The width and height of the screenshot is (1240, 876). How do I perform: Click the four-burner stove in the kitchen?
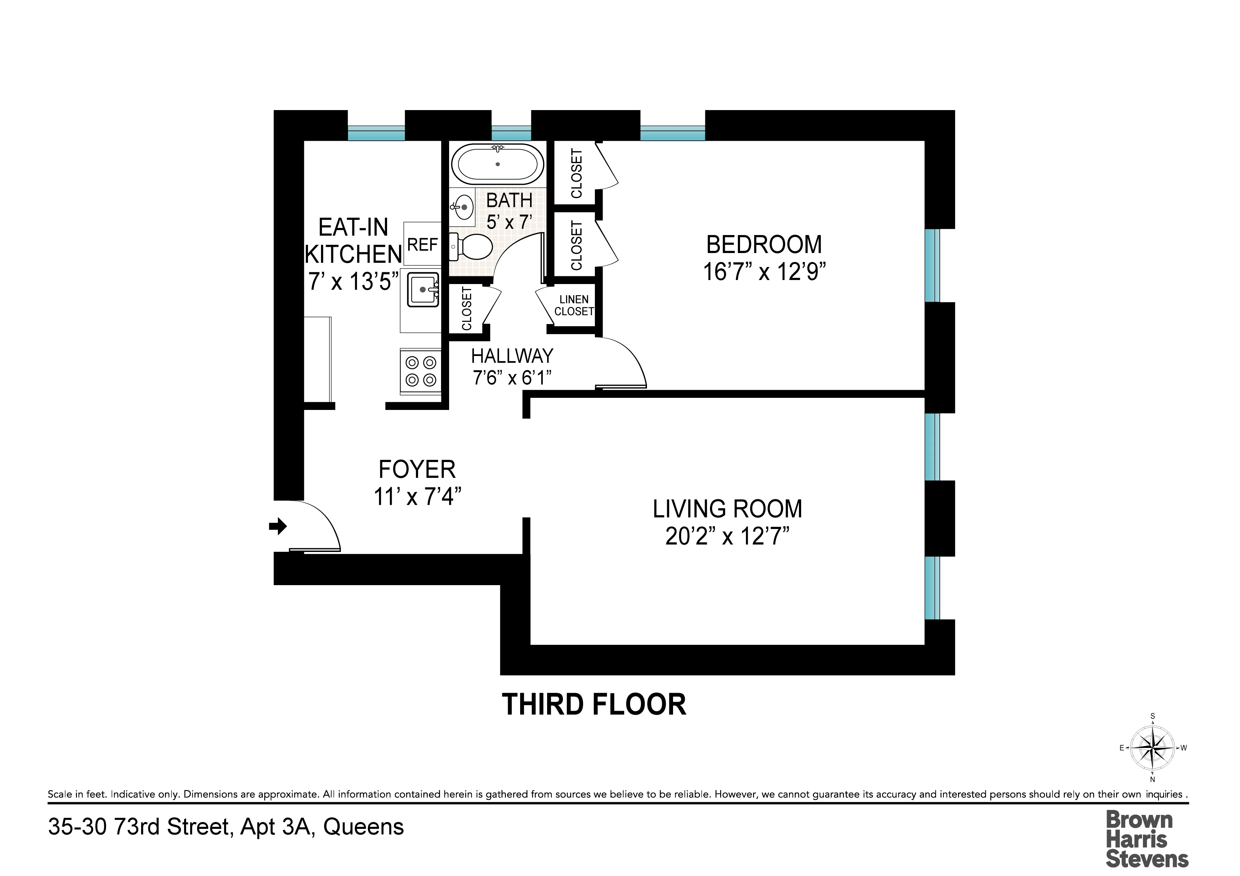coord(421,371)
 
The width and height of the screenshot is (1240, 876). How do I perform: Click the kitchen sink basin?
coord(422,290)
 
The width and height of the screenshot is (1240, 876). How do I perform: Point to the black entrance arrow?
coord(278,526)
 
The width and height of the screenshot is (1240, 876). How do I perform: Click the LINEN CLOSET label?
coord(573,305)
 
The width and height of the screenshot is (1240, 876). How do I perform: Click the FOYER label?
coord(417,469)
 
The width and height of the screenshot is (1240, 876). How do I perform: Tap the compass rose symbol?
coord(1152,748)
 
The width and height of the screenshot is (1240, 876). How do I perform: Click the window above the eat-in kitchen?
coord(376,133)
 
